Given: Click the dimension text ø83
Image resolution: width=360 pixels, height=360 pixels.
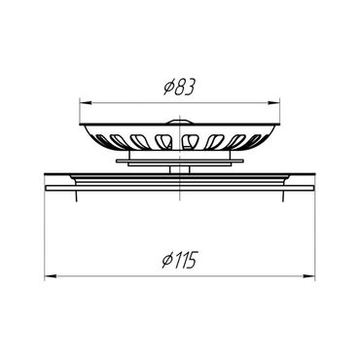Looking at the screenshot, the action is (179, 88).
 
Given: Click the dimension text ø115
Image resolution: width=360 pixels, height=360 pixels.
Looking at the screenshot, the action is (179, 261).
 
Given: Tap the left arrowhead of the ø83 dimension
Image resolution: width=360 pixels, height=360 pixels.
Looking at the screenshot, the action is (85, 103).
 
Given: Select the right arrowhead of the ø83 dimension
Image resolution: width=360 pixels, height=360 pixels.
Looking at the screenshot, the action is (274, 103).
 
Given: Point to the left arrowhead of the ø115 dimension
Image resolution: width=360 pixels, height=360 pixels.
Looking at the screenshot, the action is (50, 276).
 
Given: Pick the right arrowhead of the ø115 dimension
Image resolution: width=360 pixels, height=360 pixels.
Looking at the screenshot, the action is (309, 276).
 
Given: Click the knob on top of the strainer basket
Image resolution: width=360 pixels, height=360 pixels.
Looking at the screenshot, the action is (179, 122).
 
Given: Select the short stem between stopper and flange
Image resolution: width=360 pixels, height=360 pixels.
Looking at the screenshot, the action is (179, 169).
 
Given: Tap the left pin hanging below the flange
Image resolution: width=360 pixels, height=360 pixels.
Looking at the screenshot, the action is (76, 196).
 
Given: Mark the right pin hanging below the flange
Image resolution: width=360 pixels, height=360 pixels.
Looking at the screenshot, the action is (283, 196).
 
